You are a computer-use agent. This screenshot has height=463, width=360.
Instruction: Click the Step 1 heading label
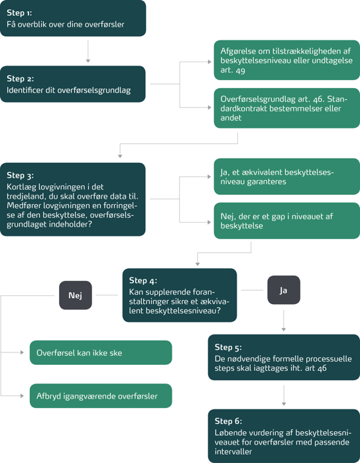point(19,13)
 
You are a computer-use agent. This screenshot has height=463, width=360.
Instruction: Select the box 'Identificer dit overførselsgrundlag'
point(73,84)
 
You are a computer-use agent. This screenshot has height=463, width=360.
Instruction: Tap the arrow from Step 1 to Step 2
point(88,52)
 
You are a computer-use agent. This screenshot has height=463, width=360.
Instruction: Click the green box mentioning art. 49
point(286,60)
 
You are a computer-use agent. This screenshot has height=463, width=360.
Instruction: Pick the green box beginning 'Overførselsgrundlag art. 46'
point(286,108)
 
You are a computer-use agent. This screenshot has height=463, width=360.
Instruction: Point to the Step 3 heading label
point(21,175)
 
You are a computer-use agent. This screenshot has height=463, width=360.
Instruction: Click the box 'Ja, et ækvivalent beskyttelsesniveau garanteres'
point(286,177)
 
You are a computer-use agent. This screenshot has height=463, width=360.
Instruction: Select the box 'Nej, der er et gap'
point(286,221)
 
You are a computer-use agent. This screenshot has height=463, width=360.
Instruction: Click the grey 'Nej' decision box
point(76,295)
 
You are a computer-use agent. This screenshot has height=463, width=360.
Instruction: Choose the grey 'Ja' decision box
point(284,290)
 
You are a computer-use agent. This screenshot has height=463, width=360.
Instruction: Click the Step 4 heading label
point(143,281)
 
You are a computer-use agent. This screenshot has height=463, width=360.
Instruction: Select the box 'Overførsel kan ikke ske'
point(101,352)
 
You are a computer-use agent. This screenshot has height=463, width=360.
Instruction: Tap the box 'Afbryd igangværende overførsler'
point(101,396)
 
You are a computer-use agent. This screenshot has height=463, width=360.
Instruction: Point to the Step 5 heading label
point(228,347)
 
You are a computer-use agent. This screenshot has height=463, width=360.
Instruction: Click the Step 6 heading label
point(229,421)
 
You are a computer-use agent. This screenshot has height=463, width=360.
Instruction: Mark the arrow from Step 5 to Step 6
point(284,395)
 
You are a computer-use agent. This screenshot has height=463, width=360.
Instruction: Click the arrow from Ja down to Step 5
point(284,321)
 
